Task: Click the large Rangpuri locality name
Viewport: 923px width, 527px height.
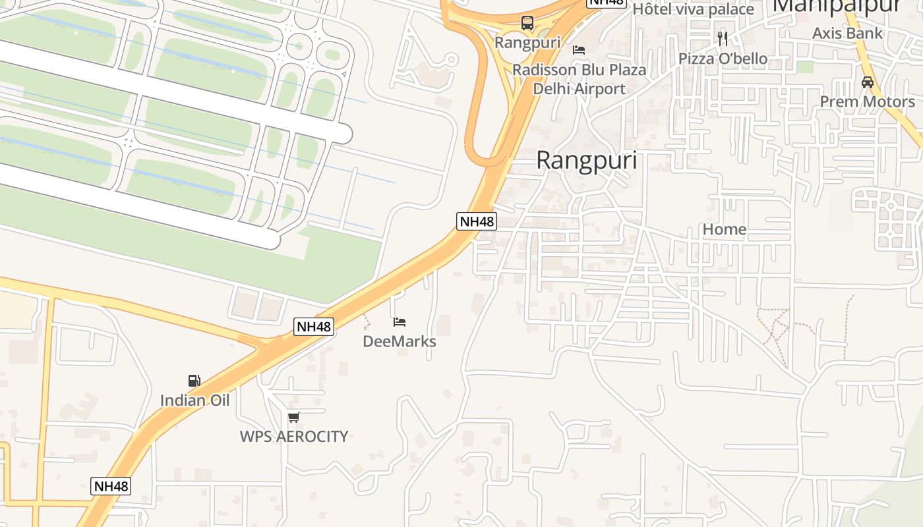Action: click(x=586, y=161)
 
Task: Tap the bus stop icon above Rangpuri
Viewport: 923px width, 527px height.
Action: click(x=527, y=23)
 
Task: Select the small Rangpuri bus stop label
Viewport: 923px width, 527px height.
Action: click(x=527, y=43)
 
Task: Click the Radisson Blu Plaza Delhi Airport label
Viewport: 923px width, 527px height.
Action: click(x=579, y=79)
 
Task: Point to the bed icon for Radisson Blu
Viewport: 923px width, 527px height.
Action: click(x=579, y=50)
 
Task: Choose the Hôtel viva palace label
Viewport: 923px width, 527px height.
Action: click(x=693, y=9)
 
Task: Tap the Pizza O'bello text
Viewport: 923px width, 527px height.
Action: click(x=723, y=59)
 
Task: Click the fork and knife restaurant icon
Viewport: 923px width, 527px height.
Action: click(x=723, y=38)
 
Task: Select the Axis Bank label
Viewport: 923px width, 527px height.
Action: click(x=847, y=33)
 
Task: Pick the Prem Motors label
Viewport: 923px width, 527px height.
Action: click(x=867, y=101)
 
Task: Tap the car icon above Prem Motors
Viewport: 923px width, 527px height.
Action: click(x=867, y=82)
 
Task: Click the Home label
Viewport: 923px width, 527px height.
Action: click(x=725, y=229)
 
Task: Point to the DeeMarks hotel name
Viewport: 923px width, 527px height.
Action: click(x=400, y=341)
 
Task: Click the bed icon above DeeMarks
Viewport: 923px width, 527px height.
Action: click(x=400, y=322)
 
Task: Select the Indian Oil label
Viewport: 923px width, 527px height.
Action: click(x=194, y=400)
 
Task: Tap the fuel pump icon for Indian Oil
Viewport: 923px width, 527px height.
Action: click(x=194, y=381)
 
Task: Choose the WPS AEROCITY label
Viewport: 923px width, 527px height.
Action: click(x=293, y=436)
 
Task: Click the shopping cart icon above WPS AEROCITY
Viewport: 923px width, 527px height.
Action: click(x=293, y=417)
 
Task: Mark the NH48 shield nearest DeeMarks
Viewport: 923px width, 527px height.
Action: click(x=314, y=326)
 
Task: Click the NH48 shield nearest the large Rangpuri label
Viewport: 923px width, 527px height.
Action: click(x=476, y=221)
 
